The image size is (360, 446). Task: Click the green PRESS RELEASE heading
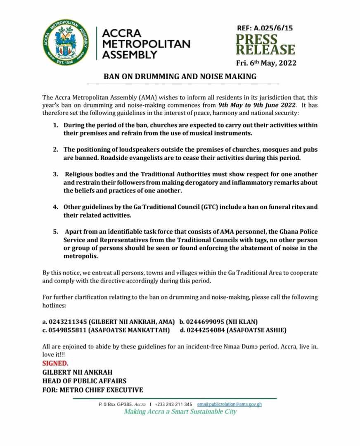265,45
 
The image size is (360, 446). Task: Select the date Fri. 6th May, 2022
266,63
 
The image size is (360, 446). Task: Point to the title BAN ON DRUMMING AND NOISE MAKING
180,76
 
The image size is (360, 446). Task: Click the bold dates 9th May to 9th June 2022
257,105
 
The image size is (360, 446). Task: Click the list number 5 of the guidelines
55,232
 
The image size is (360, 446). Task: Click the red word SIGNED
56,363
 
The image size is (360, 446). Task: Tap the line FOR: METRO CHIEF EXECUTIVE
92,390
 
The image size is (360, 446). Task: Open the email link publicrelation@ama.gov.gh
230,404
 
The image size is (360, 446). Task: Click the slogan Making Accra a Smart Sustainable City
180,412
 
